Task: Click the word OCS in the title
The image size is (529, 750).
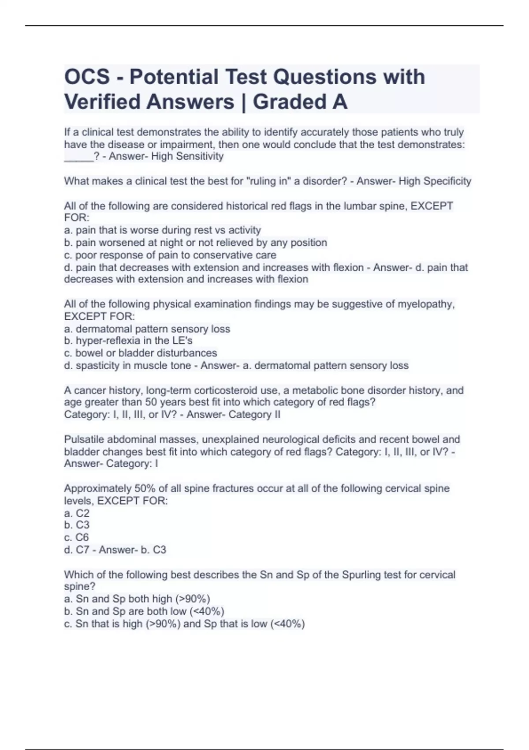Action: (87, 77)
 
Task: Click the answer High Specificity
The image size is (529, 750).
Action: (435, 181)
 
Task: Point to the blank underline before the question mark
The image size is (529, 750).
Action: (78, 157)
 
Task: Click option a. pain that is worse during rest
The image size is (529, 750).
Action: (163, 230)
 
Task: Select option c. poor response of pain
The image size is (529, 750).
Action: (170, 255)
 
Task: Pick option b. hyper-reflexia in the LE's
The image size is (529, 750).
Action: (128, 341)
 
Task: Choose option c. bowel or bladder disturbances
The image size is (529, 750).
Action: (141, 353)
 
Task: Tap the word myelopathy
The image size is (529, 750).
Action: (425, 304)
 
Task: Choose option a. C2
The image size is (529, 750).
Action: (77, 513)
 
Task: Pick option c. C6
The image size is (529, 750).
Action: (77, 537)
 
